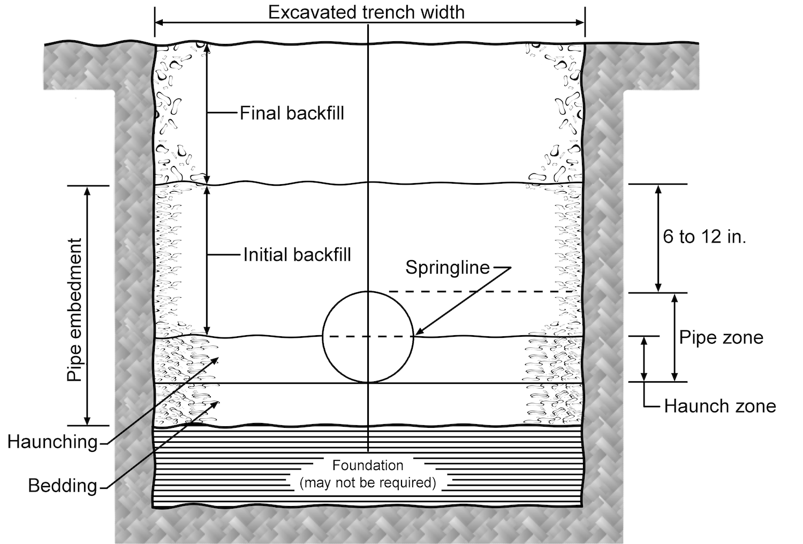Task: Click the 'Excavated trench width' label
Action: [366, 12]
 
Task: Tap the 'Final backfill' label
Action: [292, 113]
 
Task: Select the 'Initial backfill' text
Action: [297, 254]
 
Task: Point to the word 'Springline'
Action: [448, 267]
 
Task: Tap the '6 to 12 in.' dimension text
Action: [704, 236]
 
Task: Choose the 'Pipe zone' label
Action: [721, 337]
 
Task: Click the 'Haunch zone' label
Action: [720, 406]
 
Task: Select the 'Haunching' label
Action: [52, 442]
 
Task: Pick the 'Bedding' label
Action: [63, 486]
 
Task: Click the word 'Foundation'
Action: [368, 465]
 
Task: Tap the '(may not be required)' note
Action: [368, 482]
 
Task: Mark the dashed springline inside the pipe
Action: [368, 336]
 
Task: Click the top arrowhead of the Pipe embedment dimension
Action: [88, 191]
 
